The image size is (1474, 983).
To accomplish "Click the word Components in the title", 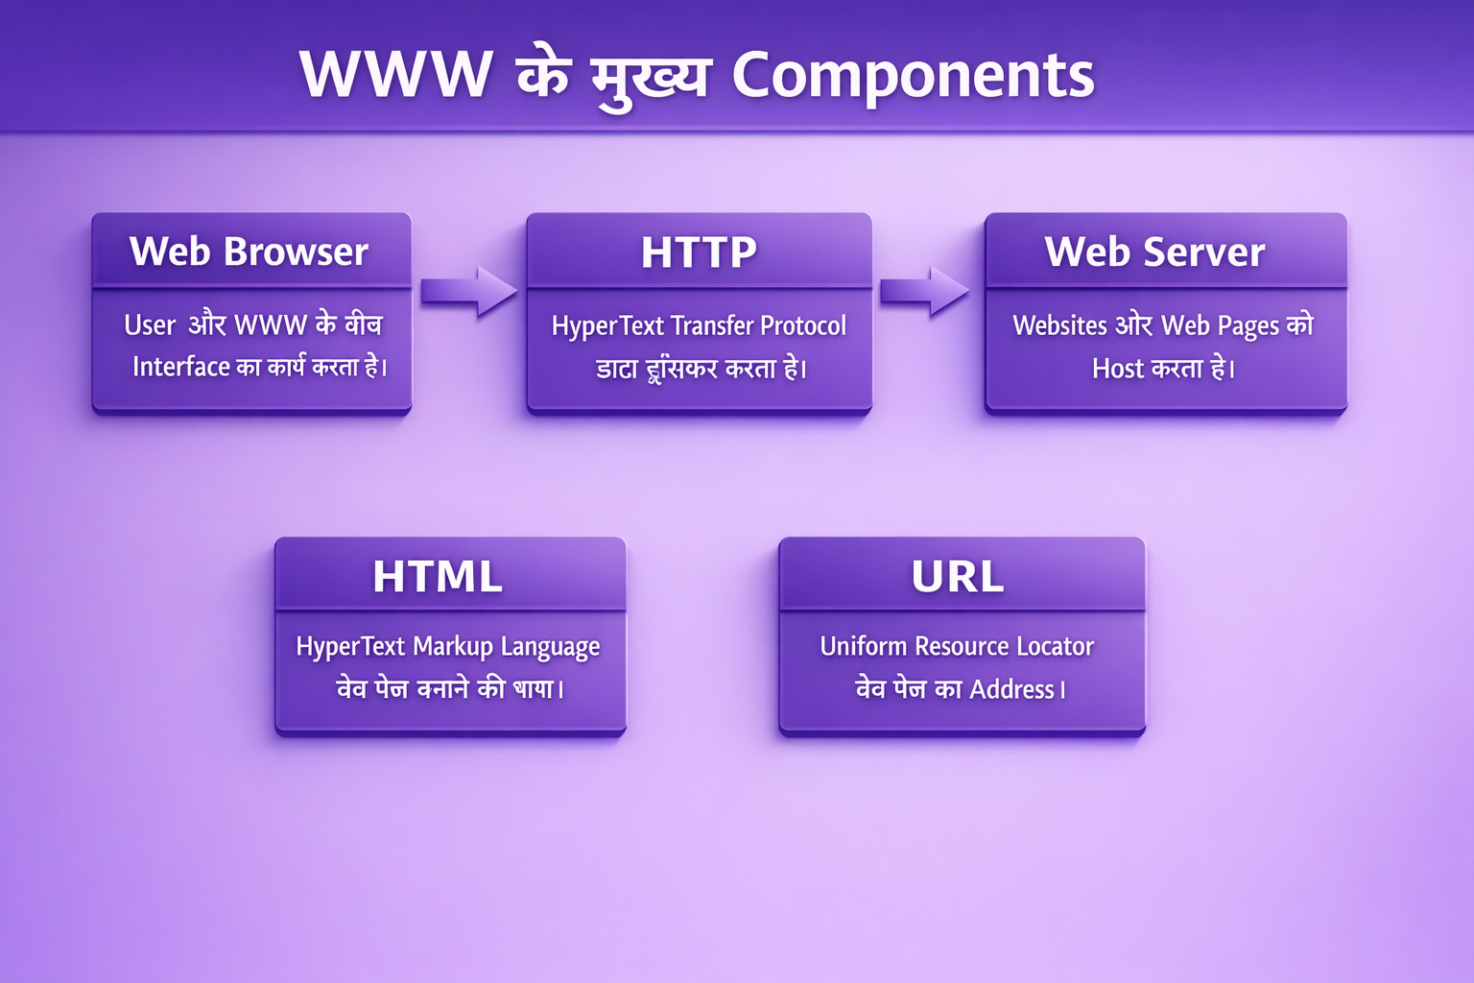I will pyautogui.click(x=913, y=76).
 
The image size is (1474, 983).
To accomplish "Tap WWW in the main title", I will pyautogui.click(x=396, y=74).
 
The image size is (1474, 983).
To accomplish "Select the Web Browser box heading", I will pyautogui.click(x=250, y=252).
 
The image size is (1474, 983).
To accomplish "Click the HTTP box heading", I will pyautogui.click(x=699, y=252).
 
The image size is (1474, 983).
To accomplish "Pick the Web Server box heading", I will pyautogui.click(x=1155, y=252).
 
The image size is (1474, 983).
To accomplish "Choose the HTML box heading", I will pyautogui.click(x=438, y=577).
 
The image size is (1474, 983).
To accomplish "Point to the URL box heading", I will pyautogui.click(x=958, y=577).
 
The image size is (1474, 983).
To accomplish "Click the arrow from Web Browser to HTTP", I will pyautogui.click(x=468, y=291).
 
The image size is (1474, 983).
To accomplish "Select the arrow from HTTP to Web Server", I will pyautogui.click(x=924, y=291).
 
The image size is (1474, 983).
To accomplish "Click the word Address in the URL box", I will pyautogui.click(x=1011, y=689).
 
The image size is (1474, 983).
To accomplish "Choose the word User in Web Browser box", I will pyautogui.click(x=150, y=326).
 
